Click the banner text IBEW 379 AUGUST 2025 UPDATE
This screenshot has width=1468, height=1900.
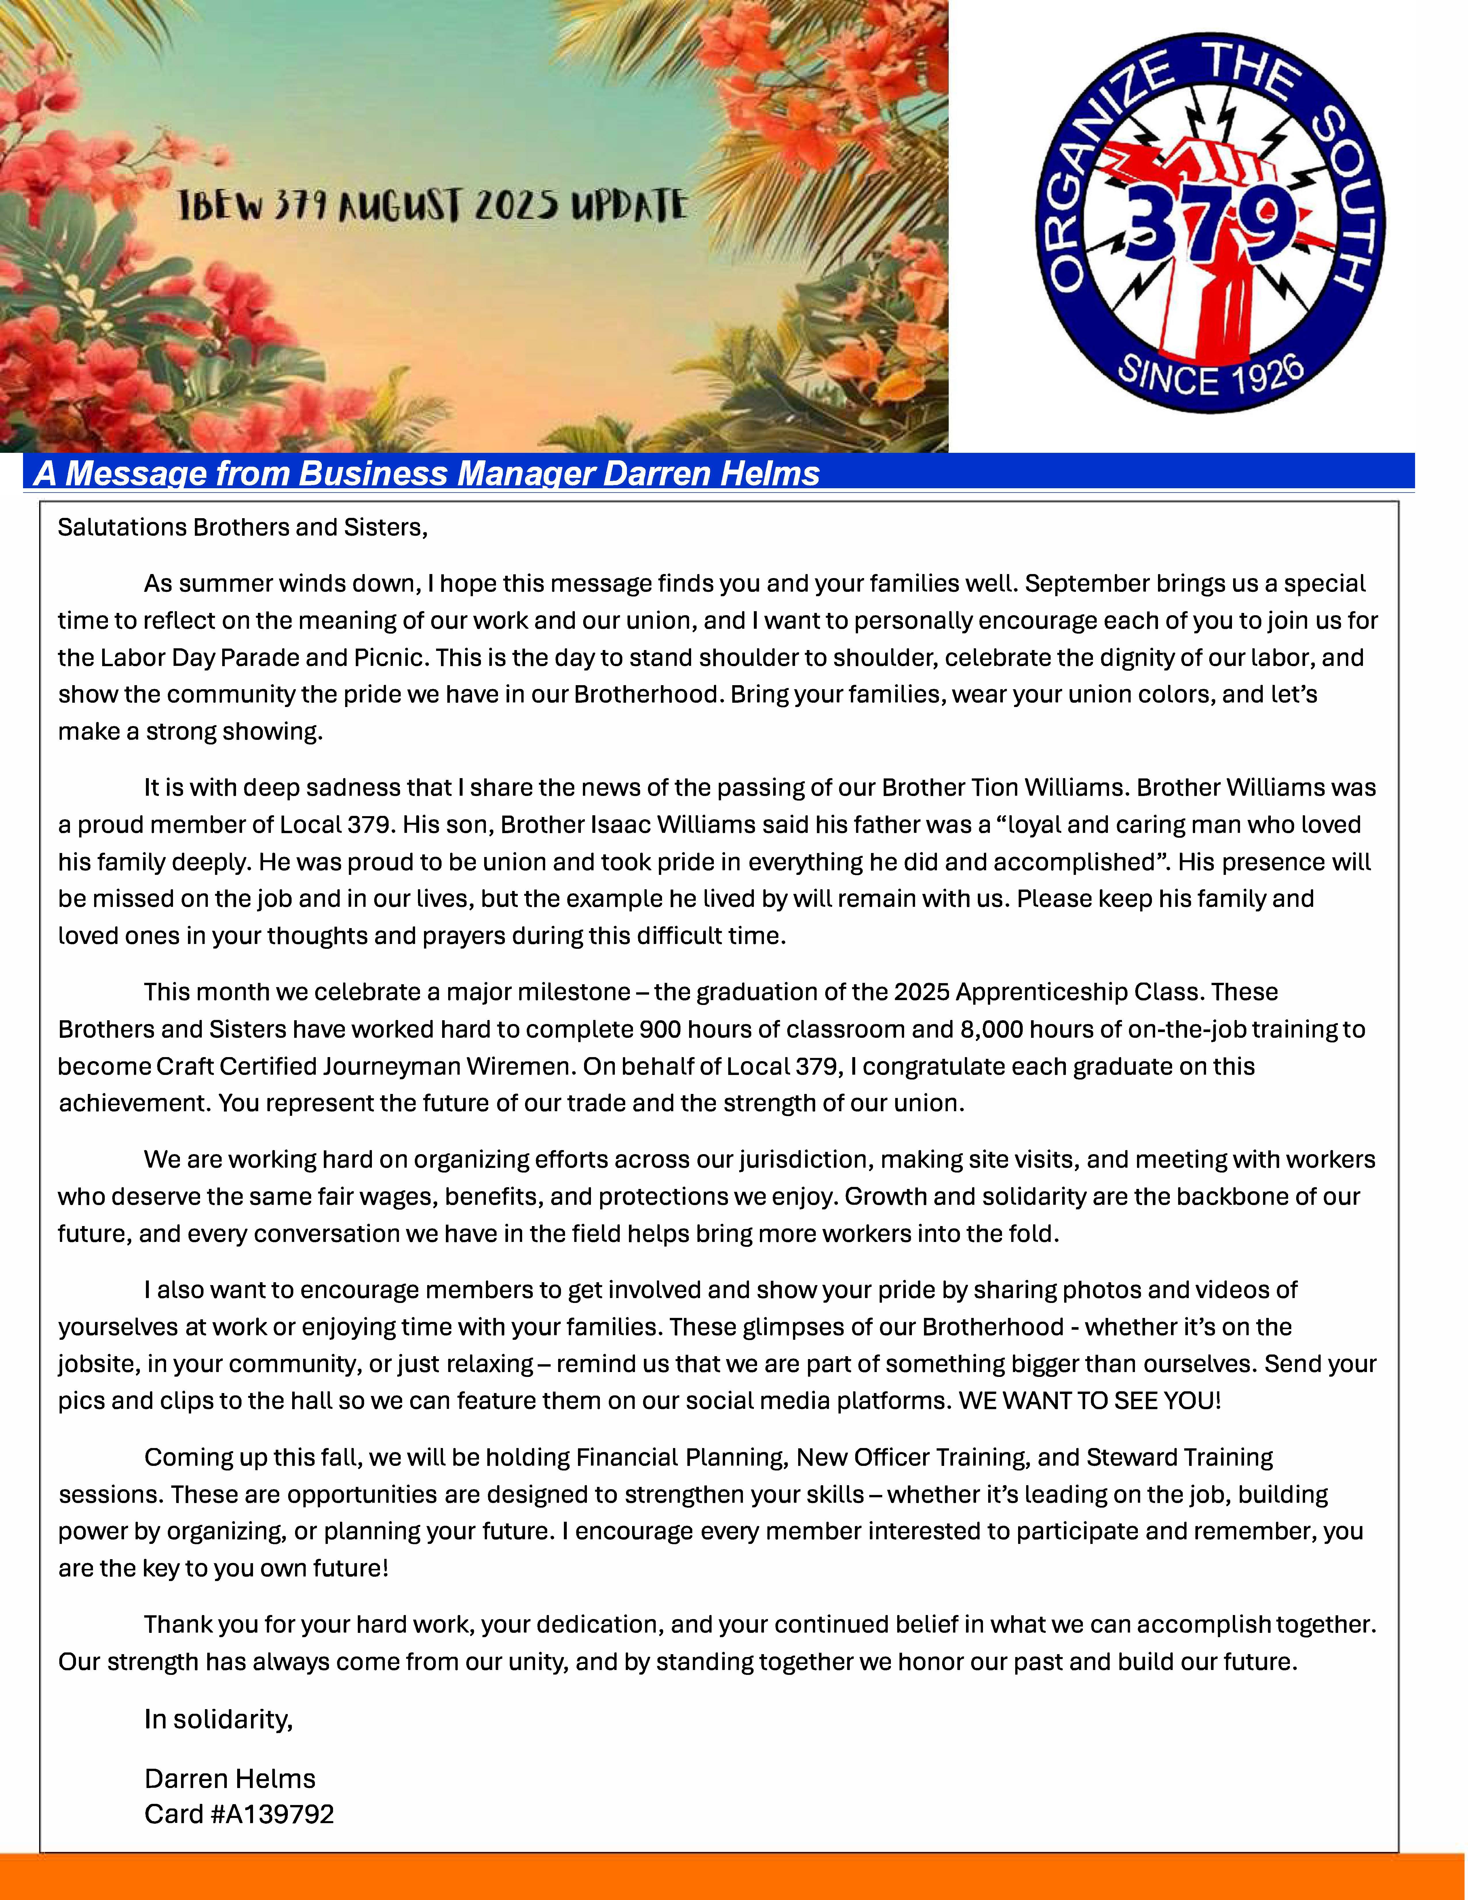click(432, 207)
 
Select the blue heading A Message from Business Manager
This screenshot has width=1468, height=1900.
click(426, 474)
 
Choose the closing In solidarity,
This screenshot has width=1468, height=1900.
click(218, 1719)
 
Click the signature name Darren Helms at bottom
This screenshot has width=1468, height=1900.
click(230, 1779)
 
